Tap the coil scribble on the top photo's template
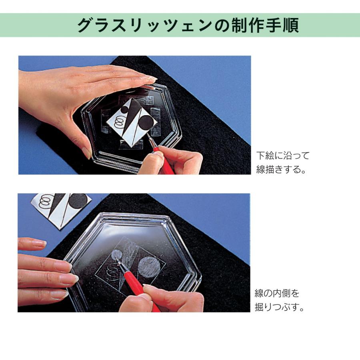click(119, 121)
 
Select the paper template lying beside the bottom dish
click(60, 208)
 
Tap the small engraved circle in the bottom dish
click(116, 255)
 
